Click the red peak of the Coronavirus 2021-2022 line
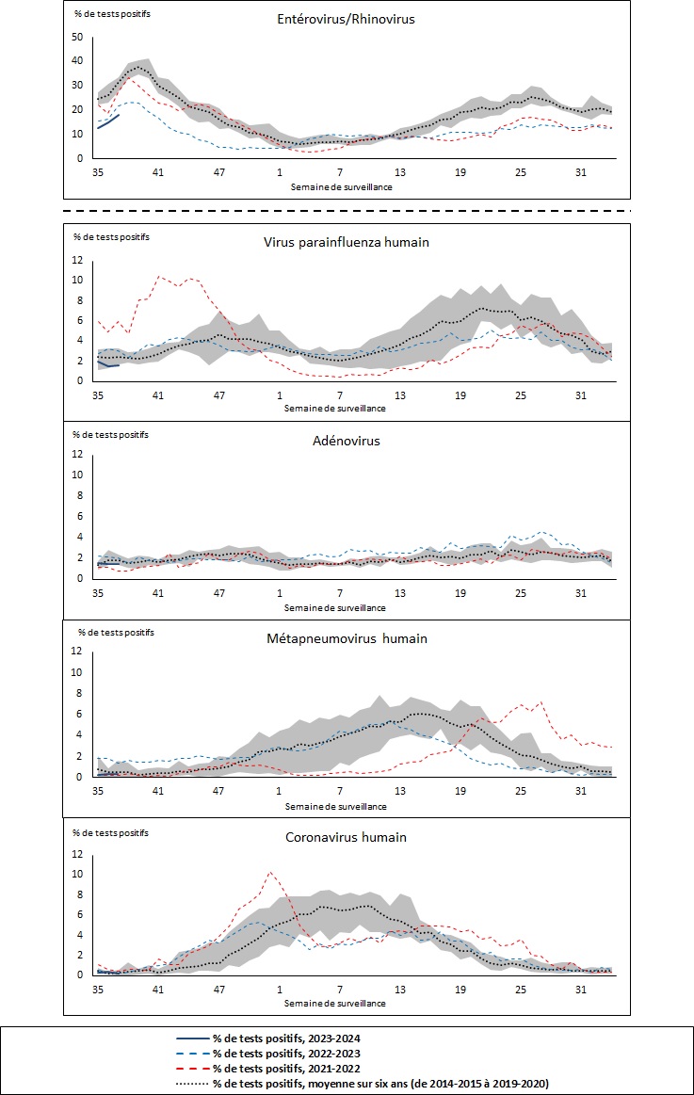(271, 873)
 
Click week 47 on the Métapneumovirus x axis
(218, 793)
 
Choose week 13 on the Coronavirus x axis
(400, 990)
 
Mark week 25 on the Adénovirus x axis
(521, 594)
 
